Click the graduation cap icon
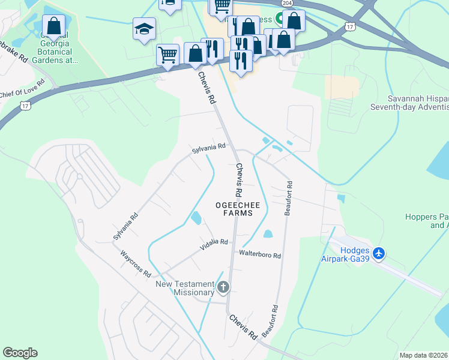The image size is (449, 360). tap(144, 29)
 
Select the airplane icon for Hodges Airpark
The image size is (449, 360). tap(379, 254)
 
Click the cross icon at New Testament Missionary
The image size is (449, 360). tap(223, 288)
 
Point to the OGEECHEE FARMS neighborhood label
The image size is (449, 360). tap(238, 209)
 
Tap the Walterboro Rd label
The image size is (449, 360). tap(260, 255)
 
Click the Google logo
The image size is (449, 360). tap(20, 353)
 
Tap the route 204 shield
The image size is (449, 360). tap(288, 3)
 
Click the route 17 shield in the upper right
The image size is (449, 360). tap(350, 26)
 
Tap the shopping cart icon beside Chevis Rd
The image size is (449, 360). tap(167, 54)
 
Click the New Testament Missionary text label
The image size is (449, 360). tap(185, 288)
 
